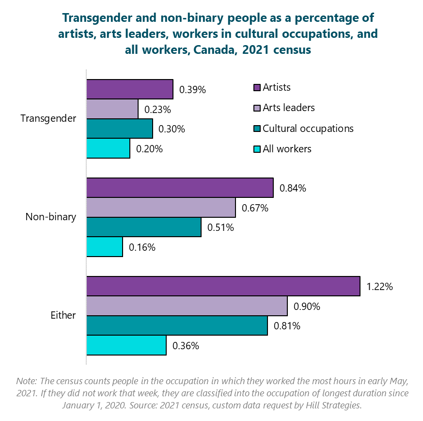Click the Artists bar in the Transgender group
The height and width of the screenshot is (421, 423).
coord(129,89)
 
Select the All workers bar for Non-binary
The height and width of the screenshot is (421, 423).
coord(104,247)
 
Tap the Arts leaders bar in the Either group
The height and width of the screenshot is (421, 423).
coord(187,306)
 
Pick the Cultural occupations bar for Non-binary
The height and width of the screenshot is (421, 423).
coord(143,227)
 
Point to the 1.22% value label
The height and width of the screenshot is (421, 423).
coord(379,286)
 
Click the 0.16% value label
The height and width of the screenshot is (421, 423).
coord(142,247)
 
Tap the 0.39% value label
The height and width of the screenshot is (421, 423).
coord(192,90)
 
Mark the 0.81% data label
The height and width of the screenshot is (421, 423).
coord(287,326)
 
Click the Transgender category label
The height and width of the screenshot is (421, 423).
coord(48,119)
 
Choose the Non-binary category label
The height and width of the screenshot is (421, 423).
coord(50,217)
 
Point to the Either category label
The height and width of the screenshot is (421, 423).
coord(63,315)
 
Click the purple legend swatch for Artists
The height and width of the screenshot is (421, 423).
coord(257,88)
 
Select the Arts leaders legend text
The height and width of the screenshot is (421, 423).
coord(288,108)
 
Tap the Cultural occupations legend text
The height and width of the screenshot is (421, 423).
coord(308,129)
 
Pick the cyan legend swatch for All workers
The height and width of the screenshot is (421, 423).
coord(257,149)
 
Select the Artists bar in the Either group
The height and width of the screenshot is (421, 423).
coord(223,286)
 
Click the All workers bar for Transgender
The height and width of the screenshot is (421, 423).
coord(108,148)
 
